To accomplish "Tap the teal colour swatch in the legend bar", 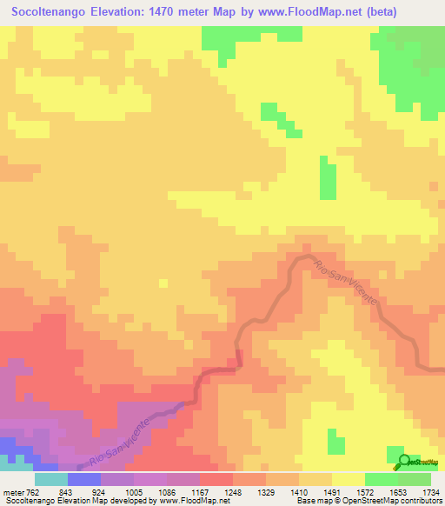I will point(51,480).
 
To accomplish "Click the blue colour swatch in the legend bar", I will point(84,480).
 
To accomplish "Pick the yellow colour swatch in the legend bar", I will point(349,480).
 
